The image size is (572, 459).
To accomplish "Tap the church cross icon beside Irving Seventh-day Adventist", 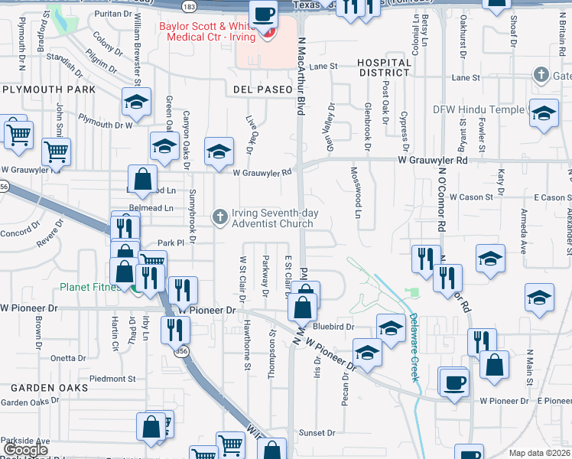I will [220, 218].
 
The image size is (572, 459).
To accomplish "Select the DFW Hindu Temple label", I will [479, 109].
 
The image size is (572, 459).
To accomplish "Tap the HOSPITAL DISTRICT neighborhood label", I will [384, 67].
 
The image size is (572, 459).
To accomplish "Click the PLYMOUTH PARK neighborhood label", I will [48, 90].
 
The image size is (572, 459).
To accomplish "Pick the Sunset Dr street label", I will [317, 433].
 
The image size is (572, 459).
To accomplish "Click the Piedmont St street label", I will [112, 379].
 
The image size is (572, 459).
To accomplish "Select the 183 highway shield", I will [189, 6].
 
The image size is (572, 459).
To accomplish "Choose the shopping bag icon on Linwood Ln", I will [142, 179].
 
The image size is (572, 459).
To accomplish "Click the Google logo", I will [25, 450].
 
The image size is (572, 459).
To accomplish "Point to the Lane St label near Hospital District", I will [323, 67].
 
